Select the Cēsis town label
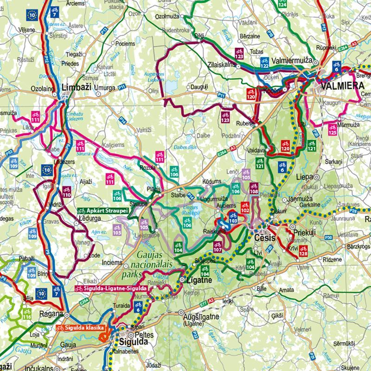pyautogui.click(x=265, y=238)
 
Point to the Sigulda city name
pyautogui.click(x=134, y=342)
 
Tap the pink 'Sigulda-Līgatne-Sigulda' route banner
pyautogui.click(x=111, y=288)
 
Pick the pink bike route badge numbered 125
pyautogui.click(x=332, y=130)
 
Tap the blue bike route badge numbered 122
pyautogui.click(x=264, y=63)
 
